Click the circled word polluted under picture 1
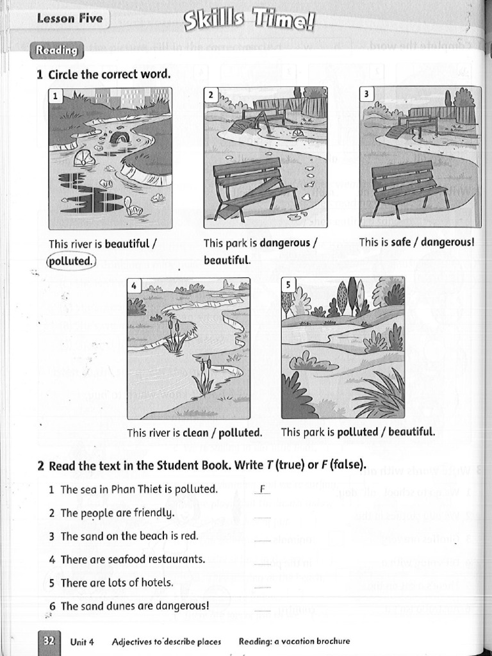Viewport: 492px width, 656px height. (70, 261)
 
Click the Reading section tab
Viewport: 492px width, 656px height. (56, 50)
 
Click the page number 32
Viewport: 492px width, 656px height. (49, 640)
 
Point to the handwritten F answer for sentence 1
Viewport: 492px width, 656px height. (263, 489)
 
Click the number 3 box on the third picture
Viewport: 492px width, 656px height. (366, 94)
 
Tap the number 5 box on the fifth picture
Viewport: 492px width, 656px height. (288, 284)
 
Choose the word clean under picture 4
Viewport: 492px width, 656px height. (195, 432)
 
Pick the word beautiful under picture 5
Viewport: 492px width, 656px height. (411, 432)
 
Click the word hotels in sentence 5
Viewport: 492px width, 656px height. (159, 582)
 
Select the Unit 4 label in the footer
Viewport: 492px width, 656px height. (82, 641)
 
